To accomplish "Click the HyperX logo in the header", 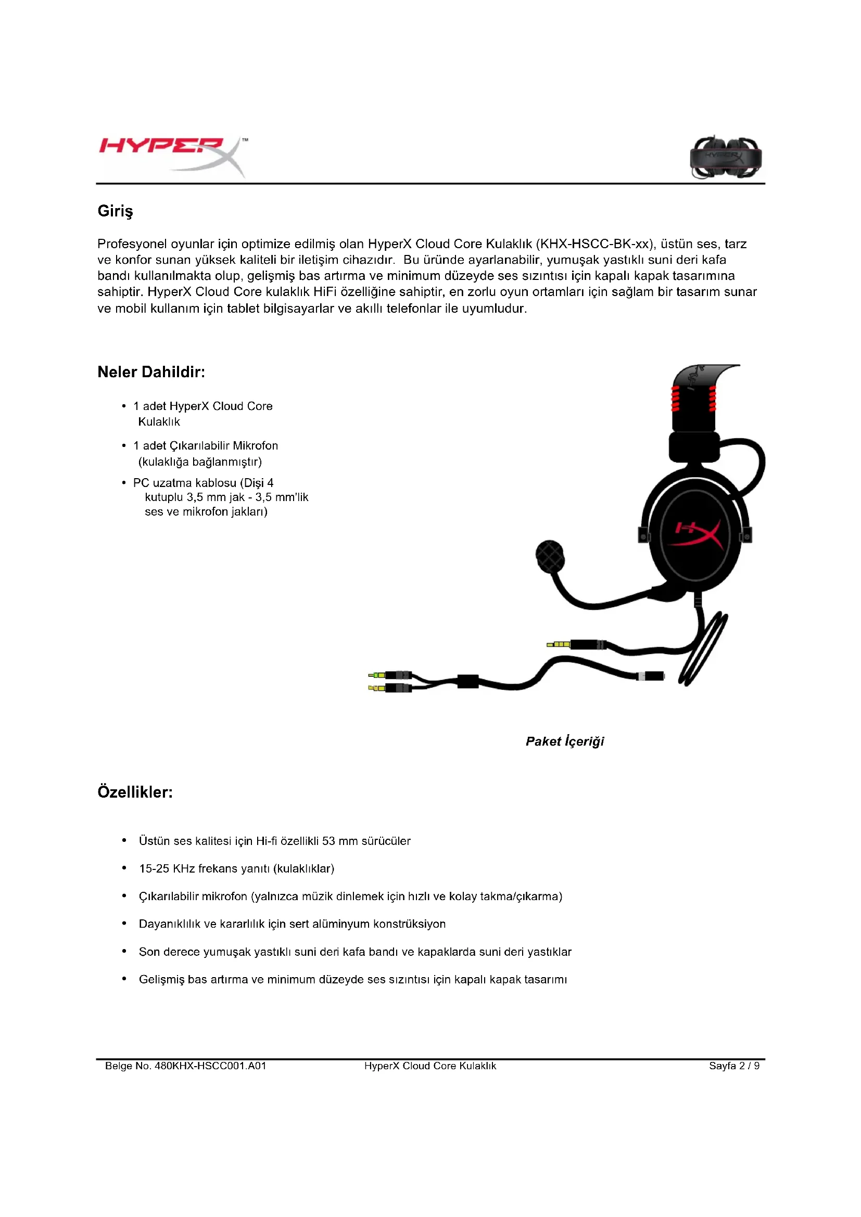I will [172, 155].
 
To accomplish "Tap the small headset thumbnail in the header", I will [725, 158].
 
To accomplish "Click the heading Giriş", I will [115, 211].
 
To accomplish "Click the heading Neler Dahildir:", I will [151, 372].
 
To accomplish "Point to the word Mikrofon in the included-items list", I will [255, 446].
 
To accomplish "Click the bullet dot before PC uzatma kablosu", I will [124, 483].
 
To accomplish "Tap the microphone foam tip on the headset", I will [550, 557].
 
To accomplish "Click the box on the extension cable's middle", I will [467, 681].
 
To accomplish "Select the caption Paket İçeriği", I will [565, 741].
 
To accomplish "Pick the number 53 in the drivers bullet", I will [328, 841].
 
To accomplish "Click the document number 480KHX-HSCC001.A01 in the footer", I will [210, 1066].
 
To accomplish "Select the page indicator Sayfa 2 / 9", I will [734, 1066].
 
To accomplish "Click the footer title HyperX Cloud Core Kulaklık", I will [430, 1066].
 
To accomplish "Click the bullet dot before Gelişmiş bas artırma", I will [124, 979].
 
